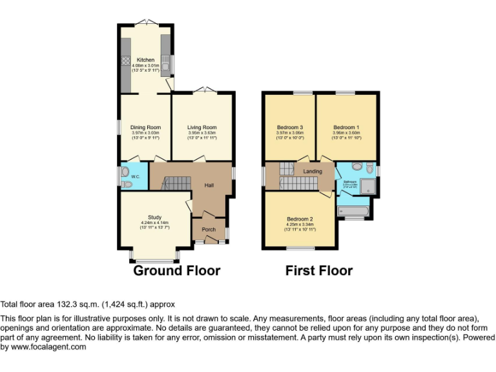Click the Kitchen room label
tap(145, 60)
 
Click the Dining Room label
tap(145, 127)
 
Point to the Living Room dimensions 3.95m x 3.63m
tap(202, 132)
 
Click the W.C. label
tap(136, 176)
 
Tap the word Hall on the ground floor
tap(209, 185)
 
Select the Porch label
tap(209, 229)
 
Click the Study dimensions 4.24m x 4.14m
tap(154, 223)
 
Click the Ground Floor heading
tap(176, 271)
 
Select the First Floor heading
tap(319, 271)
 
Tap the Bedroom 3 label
tap(290, 127)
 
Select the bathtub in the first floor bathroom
tap(353, 211)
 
